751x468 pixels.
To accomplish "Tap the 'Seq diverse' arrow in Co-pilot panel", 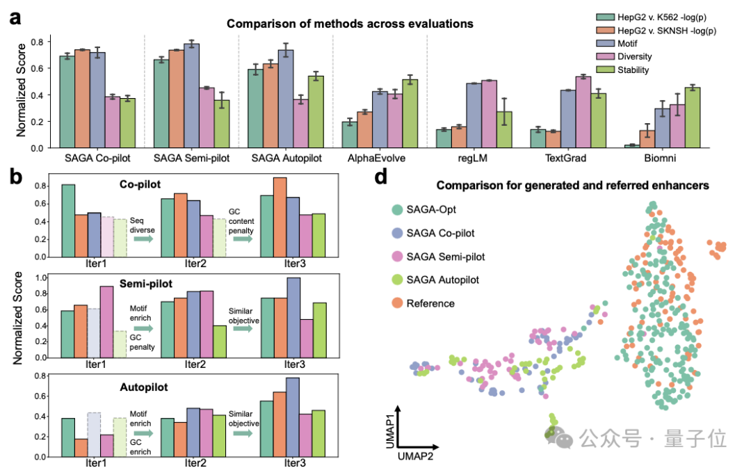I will pos(143,239).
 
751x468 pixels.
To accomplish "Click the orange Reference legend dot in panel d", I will pos(397,303).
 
